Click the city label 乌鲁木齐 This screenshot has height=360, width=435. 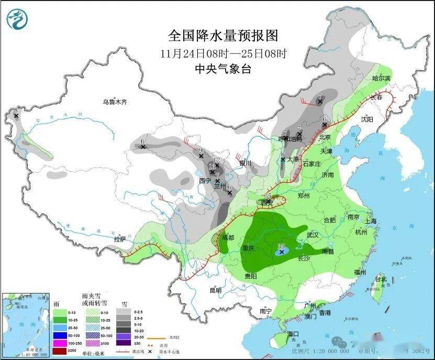(115, 102)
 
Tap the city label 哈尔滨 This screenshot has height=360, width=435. (381, 78)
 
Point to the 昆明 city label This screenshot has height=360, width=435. (215, 290)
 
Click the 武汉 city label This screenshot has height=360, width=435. (313, 235)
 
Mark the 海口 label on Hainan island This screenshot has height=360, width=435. (293, 334)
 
